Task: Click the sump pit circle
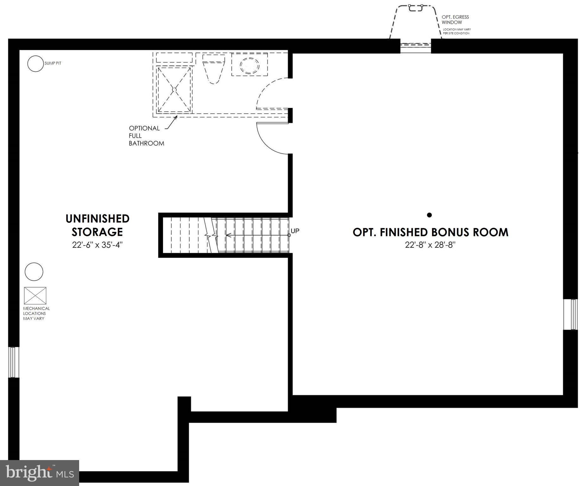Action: (35, 64)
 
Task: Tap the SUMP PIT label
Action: (53, 63)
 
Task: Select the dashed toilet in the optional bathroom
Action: (214, 68)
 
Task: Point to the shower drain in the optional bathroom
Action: (174, 90)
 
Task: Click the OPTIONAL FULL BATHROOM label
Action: (146, 136)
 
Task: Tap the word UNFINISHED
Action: (97, 219)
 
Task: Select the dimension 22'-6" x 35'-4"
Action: (97, 245)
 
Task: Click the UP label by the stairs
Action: (295, 231)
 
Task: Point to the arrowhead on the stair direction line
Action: (228, 235)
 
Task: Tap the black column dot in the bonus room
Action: (429, 215)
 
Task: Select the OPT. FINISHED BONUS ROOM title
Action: (430, 232)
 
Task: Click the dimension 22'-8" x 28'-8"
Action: (430, 245)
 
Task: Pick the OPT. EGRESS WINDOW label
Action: (455, 20)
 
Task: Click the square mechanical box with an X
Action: (35, 296)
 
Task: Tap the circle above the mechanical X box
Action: (34, 271)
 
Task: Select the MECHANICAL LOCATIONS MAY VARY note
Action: (36, 313)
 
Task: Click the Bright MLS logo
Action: (39, 473)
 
